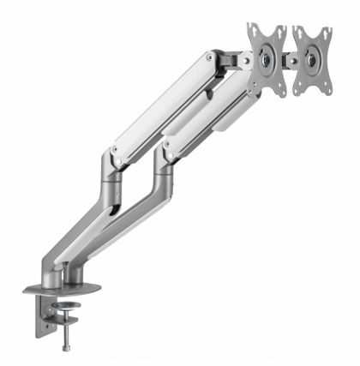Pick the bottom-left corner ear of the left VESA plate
coord(255,93)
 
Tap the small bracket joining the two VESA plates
coord(291,60)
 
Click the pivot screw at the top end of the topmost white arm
coord(208,57)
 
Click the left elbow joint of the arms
coord(114,159)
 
